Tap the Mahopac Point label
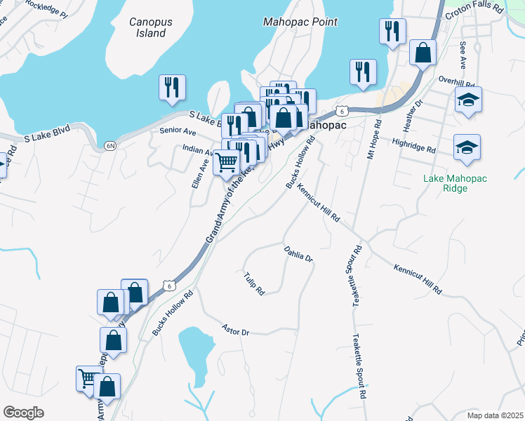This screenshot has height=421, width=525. (300, 22)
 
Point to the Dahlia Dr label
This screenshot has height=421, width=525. (298, 253)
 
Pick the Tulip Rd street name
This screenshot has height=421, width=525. (254, 283)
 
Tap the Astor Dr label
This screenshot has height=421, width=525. (236, 328)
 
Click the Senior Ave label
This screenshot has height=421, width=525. (178, 131)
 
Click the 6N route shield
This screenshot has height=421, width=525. (109, 145)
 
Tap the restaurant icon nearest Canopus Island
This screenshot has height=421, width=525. (172, 88)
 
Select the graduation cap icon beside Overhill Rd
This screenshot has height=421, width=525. (468, 100)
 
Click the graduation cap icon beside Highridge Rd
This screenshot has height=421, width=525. (467, 147)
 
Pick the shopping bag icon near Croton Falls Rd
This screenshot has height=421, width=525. (423, 53)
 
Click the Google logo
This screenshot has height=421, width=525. (23, 413)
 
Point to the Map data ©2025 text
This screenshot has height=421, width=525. (494, 415)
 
